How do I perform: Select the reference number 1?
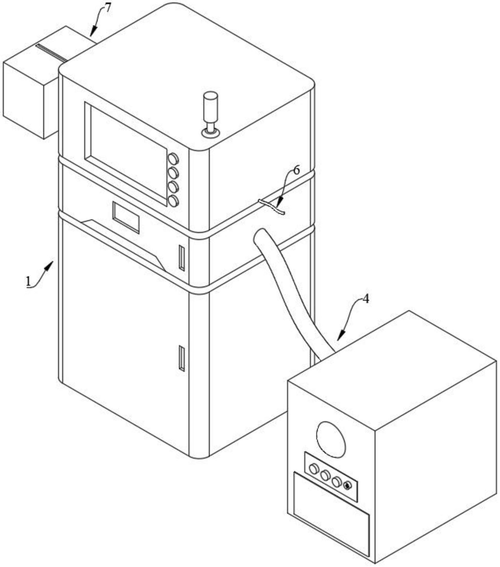28,282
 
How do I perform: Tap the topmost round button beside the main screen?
173,159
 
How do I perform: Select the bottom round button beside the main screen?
173,201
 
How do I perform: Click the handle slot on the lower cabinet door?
182,358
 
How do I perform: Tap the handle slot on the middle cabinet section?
182,258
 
